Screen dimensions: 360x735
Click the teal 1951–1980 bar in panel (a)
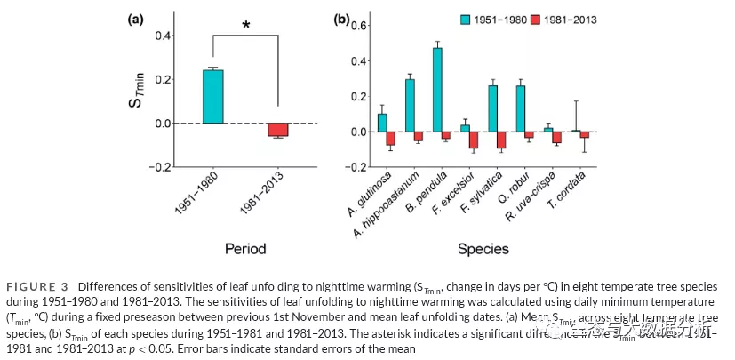coord(212,96)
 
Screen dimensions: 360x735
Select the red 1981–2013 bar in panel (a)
coord(278,130)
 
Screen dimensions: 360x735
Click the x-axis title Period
coord(244,250)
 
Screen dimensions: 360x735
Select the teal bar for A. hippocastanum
coord(410,105)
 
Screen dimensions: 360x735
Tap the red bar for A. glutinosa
coord(390,139)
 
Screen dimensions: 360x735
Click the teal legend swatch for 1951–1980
coord(464,18)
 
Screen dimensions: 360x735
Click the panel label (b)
coord(340,18)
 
